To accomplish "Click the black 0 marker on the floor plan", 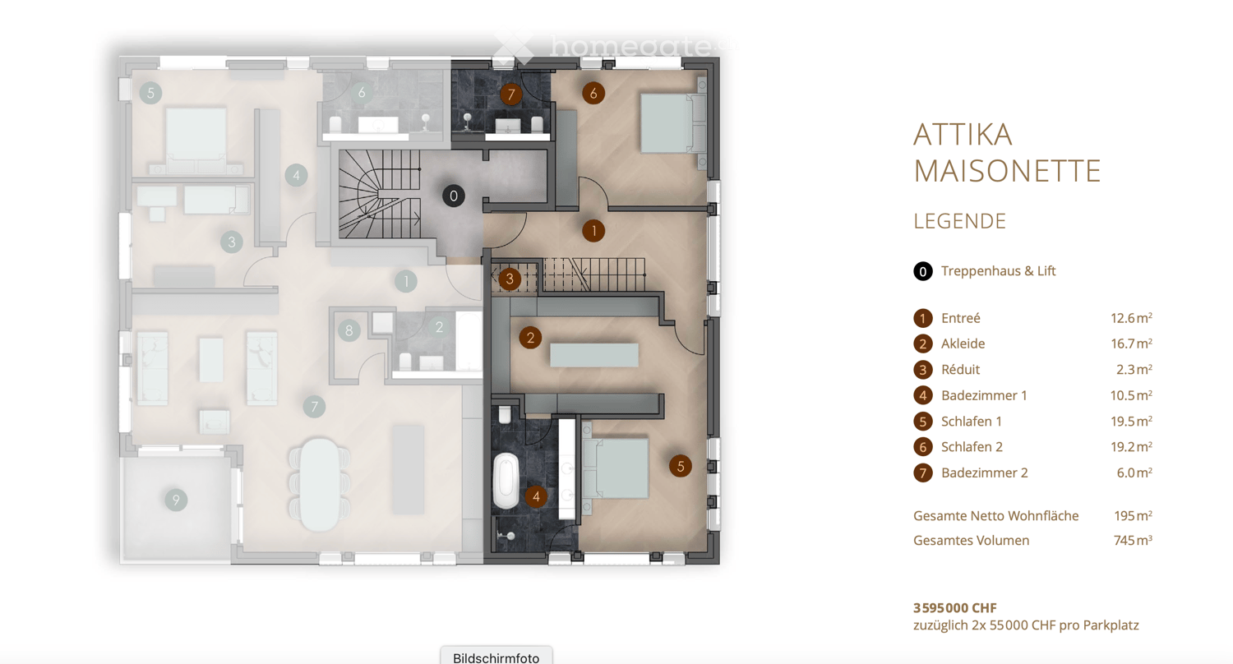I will click(453, 196).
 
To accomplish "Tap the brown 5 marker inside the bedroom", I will click(680, 466).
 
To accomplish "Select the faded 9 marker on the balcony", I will click(174, 499).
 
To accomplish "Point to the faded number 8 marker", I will click(349, 330).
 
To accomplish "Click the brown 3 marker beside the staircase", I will click(510, 279).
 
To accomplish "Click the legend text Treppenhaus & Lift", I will click(998, 270).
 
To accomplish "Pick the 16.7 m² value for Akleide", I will click(1130, 344).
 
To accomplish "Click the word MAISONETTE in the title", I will click(1006, 170).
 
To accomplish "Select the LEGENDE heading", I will click(959, 221).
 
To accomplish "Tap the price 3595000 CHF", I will click(954, 608).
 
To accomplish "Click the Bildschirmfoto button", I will click(496, 657).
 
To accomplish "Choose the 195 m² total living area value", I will click(1132, 516).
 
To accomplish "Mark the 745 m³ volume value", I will click(1132, 541).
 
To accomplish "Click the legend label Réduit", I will click(960, 370).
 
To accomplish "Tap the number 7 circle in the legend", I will click(922, 473).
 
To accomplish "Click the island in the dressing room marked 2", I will click(593, 354).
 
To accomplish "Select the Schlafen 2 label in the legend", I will click(972, 447).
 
